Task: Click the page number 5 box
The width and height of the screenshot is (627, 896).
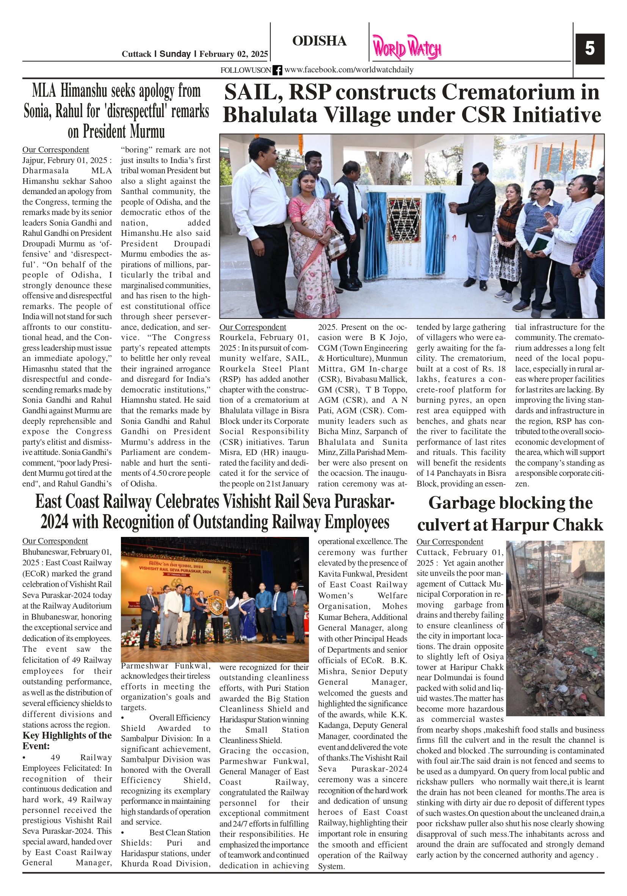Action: pos(589,49)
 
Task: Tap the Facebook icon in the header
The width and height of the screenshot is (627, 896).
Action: pos(277,70)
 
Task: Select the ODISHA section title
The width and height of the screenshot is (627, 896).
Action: pos(319,41)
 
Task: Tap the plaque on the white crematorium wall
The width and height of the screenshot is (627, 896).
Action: pos(404,220)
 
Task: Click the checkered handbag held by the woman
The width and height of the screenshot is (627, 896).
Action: pos(336,244)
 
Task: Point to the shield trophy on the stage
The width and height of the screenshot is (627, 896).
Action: pos(215,604)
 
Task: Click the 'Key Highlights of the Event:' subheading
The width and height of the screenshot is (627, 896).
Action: pos(67,740)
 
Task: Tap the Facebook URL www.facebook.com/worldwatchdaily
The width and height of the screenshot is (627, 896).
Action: pos(348,70)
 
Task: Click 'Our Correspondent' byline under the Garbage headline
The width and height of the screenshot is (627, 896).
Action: pos(450,542)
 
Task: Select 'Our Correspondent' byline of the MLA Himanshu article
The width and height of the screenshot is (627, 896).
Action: pos(55,150)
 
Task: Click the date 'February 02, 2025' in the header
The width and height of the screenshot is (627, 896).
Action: pos(233,54)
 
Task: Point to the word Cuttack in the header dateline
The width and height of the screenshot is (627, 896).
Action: pos(136,54)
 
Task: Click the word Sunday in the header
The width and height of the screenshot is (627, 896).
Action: pos(175,54)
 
